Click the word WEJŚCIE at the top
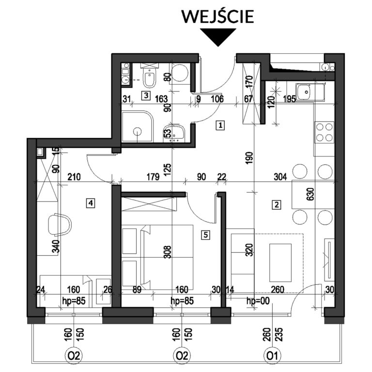[x=217, y=16]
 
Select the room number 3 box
[x=146, y=95]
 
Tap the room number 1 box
[x=220, y=125]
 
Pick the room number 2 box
[x=277, y=204]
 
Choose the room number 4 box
[x=91, y=203]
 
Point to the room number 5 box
[x=205, y=235]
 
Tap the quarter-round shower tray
[x=138, y=127]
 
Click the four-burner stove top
[x=325, y=132]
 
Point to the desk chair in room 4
[x=60, y=225]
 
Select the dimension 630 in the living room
[x=311, y=194]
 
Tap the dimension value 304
[x=280, y=177]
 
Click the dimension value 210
[x=74, y=177]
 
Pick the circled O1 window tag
[x=272, y=356]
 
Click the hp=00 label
[x=258, y=301]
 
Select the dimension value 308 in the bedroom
[x=168, y=252]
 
